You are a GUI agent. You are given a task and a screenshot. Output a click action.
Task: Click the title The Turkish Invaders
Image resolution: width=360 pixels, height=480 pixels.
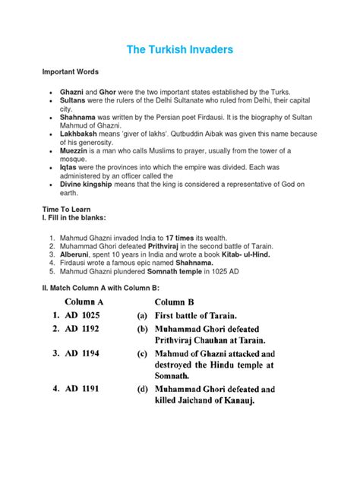(179, 49)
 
